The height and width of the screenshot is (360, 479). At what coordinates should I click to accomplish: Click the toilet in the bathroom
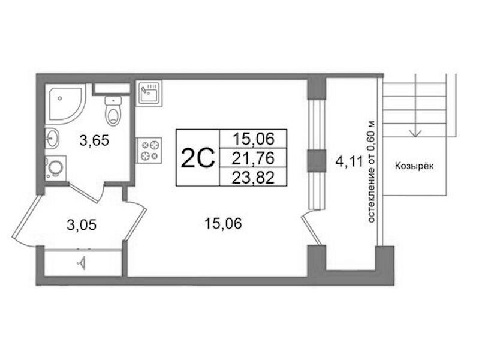point(113,110)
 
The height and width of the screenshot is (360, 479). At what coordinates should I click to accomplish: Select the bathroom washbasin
point(52,138)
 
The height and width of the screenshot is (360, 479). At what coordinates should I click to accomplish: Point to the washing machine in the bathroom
point(56,167)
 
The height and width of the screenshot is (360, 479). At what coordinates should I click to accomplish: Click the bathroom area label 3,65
point(94,141)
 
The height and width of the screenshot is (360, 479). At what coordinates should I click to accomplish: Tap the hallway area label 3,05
point(82,225)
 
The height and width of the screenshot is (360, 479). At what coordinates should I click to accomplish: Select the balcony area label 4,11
point(350,161)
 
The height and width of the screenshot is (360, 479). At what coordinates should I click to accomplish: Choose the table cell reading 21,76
point(253,158)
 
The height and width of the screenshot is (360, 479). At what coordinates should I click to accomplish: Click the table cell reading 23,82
point(253,177)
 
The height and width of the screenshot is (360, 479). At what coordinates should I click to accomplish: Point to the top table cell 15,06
point(253,139)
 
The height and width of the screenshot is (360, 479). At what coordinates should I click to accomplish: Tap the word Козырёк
point(414,166)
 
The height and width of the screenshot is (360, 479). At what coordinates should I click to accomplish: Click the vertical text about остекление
point(371,172)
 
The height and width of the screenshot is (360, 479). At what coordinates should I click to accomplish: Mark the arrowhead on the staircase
point(415,133)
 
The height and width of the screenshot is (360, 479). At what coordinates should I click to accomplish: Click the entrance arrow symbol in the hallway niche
point(82,262)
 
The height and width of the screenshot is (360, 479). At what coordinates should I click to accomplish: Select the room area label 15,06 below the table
point(223,223)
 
